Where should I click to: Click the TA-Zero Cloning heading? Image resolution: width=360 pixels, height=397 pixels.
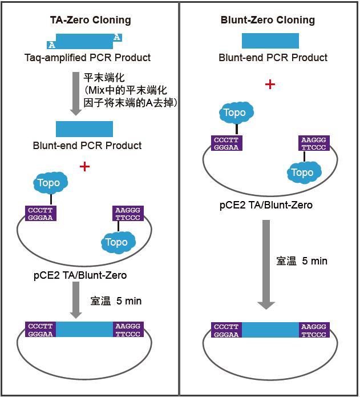pyautogui.click(x=91, y=20)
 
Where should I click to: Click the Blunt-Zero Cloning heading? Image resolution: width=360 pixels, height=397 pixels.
pyautogui.click(x=268, y=20)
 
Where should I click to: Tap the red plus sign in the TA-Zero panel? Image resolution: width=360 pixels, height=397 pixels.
pyautogui.click(x=84, y=167)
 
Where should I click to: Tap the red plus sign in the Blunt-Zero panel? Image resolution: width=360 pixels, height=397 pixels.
pyautogui.click(x=270, y=85)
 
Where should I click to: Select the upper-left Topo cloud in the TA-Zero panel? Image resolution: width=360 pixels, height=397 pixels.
pyautogui.click(x=51, y=183)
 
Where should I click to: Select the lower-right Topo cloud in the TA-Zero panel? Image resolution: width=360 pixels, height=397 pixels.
pyautogui.click(x=118, y=242)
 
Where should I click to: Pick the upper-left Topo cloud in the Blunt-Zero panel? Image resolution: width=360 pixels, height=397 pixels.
pyautogui.click(x=236, y=113)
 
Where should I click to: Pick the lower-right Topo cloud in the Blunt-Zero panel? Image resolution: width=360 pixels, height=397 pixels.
pyautogui.click(x=304, y=173)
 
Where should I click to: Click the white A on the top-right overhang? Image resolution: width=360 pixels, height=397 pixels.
pyautogui.click(x=117, y=37)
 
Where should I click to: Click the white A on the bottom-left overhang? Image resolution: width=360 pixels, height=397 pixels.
pyautogui.click(x=52, y=45)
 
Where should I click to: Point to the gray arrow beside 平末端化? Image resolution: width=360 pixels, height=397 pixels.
pyautogui.click(x=75, y=94)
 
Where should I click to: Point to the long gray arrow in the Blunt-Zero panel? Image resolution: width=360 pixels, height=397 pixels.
pyautogui.click(x=266, y=264)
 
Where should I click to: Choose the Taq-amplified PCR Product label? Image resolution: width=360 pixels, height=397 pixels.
pyautogui.click(x=87, y=58)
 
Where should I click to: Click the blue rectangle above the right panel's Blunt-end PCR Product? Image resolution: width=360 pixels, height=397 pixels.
pyautogui.click(x=270, y=41)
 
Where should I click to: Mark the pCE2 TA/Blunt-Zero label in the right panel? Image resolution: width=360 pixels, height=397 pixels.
pyautogui.click(x=266, y=205)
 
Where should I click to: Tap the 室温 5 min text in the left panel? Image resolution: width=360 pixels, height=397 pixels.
pyautogui.click(x=116, y=301)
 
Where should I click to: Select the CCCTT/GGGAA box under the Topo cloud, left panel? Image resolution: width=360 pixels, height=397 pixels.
pyautogui.click(x=41, y=214)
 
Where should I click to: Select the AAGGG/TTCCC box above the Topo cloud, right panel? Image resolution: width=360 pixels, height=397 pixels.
pyautogui.click(x=314, y=143)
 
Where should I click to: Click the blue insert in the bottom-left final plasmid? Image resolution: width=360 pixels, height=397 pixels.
pyautogui.click(x=84, y=329)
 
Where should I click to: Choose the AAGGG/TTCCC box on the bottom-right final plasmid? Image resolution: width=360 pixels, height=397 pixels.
pyautogui.click(x=314, y=330)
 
